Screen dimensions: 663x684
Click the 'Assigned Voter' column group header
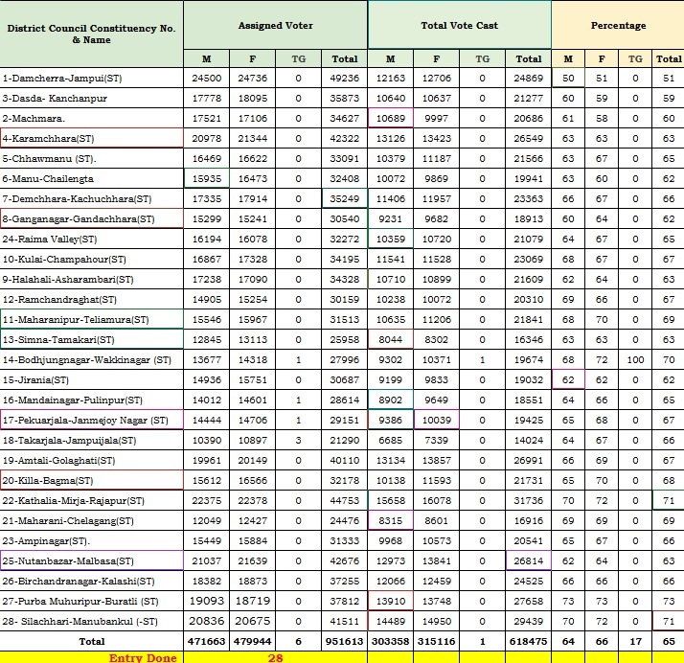(x=275, y=26)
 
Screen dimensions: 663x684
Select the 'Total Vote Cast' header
(x=459, y=26)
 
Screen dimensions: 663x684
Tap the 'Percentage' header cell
(x=618, y=26)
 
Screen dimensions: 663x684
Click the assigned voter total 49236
(x=342, y=77)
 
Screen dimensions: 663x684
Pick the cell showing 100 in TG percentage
(x=635, y=359)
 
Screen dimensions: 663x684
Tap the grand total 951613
(x=342, y=639)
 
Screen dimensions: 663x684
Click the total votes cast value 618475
(x=528, y=639)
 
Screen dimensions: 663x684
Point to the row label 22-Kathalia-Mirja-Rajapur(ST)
(x=74, y=501)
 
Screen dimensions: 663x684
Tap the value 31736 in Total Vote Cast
(x=528, y=501)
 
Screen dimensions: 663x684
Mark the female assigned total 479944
(x=252, y=639)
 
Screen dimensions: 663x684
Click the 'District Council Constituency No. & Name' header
(x=91, y=34)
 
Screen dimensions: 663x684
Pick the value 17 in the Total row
(x=635, y=639)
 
